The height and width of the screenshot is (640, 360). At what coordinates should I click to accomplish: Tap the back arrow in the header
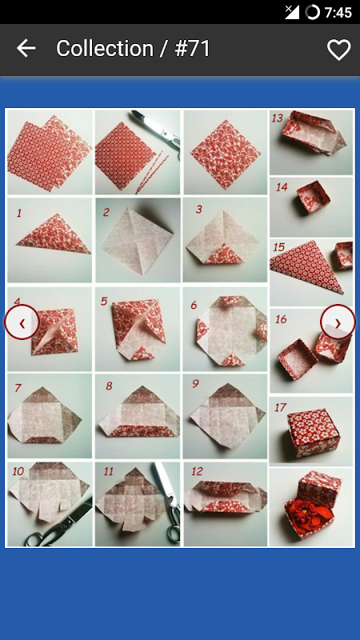click(26, 48)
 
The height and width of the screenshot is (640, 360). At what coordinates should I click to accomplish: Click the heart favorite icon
click(338, 50)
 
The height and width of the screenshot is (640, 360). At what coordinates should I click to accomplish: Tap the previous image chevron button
click(22, 322)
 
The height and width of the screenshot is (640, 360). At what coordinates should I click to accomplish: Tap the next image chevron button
click(338, 322)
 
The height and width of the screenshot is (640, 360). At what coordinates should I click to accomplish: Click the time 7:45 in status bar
click(338, 12)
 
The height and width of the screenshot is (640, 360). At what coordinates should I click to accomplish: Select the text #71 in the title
click(192, 49)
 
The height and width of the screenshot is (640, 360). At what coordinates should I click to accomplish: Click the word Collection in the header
click(105, 49)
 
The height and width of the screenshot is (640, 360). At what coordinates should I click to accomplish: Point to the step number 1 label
click(18, 213)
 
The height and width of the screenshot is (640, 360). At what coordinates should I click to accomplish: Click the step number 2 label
click(106, 212)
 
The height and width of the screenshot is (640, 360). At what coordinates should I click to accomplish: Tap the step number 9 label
click(195, 384)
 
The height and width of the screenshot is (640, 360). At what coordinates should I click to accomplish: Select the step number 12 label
click(197, 471)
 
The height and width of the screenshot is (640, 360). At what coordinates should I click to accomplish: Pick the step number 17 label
click(281, 407)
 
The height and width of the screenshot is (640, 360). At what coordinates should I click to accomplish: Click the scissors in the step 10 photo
click(59, 523)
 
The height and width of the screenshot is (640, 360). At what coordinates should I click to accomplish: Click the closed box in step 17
click(314, 433)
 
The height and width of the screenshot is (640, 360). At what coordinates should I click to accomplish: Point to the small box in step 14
click(314, 198)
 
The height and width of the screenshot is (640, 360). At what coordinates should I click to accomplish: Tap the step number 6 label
click(194, 305)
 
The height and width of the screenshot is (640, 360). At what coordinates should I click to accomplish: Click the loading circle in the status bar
click(312, 12)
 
